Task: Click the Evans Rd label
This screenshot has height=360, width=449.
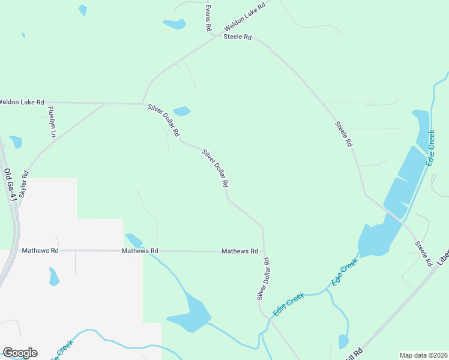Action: (208, 18)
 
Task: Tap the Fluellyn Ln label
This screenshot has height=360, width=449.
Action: (52, 122)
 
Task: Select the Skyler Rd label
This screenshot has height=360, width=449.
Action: (24, 185)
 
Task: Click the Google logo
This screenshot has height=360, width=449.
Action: (20, 352)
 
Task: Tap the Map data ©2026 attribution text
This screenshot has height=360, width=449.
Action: (424, 355)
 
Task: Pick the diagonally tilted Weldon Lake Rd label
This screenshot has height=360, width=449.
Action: (244, 20)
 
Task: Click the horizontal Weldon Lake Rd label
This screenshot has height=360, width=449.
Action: (22, 102)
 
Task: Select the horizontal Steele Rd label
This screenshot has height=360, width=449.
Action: (237, 37)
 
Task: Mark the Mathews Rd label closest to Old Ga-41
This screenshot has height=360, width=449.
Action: (40, 250)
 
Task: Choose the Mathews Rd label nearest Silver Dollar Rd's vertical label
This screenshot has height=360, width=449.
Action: (240, 251)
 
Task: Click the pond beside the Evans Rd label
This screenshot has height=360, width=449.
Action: (175, 24)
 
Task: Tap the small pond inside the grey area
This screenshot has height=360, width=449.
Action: (53, 277)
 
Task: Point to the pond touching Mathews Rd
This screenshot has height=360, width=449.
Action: (133, 240)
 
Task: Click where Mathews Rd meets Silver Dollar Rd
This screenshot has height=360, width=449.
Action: (264, 251)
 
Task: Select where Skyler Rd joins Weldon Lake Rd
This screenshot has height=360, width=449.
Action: (106, 103)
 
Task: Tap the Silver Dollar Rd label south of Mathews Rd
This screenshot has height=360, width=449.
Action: (263, 279)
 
